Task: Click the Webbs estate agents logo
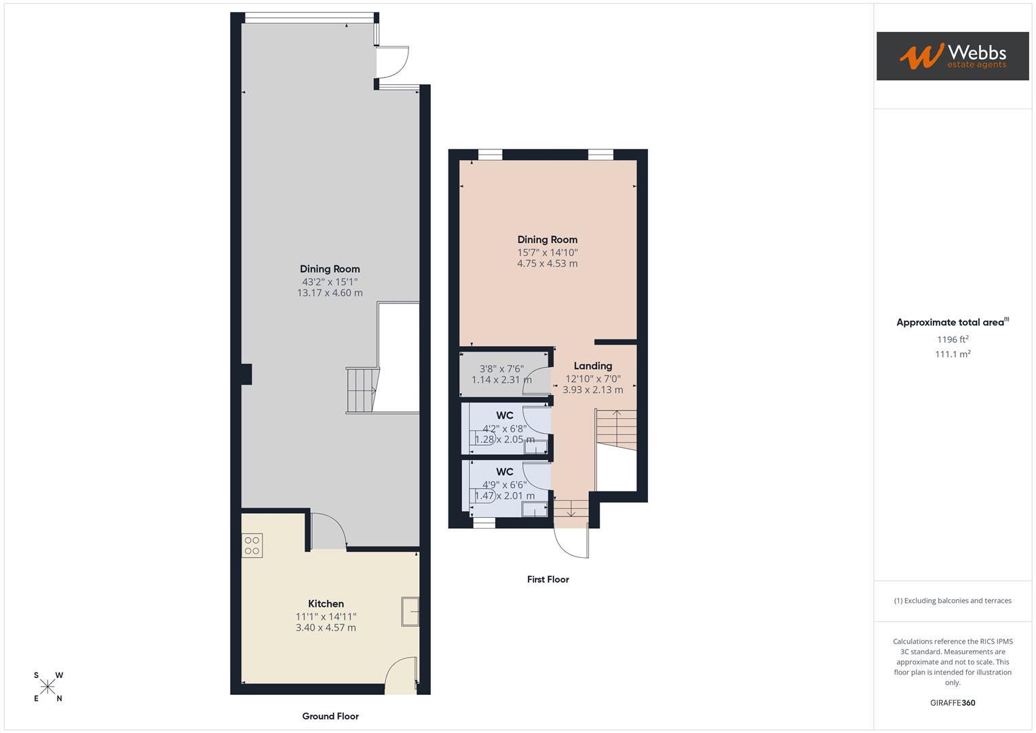click(x=952, y=56)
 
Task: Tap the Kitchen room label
click(x=326, y=603)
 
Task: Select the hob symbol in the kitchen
click(x=252, y=546)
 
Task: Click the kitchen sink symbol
click(x=410, y=611)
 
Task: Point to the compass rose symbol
click(x=47, y=687)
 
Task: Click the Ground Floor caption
click(x=330, y=716)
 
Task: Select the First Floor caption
click(x=548, y=579)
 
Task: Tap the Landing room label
click(x=592, y=366)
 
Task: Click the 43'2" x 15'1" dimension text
click(x=330, y=282)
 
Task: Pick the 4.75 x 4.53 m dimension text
click(x=547, y=263)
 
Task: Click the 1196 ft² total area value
click(x=953, y=339)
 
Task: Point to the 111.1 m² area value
click(x=953, y=354)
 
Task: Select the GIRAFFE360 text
click(x=953, y=702)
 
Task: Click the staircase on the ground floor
click(x=361, y=390)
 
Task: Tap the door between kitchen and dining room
click(x=328, y=531)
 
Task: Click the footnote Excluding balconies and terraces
click(x=953, y=601)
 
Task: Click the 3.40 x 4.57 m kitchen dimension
click(x=326, y=628)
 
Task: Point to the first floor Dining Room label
click(x=547, y=240)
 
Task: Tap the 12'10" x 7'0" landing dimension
click(x=593, y=379)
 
